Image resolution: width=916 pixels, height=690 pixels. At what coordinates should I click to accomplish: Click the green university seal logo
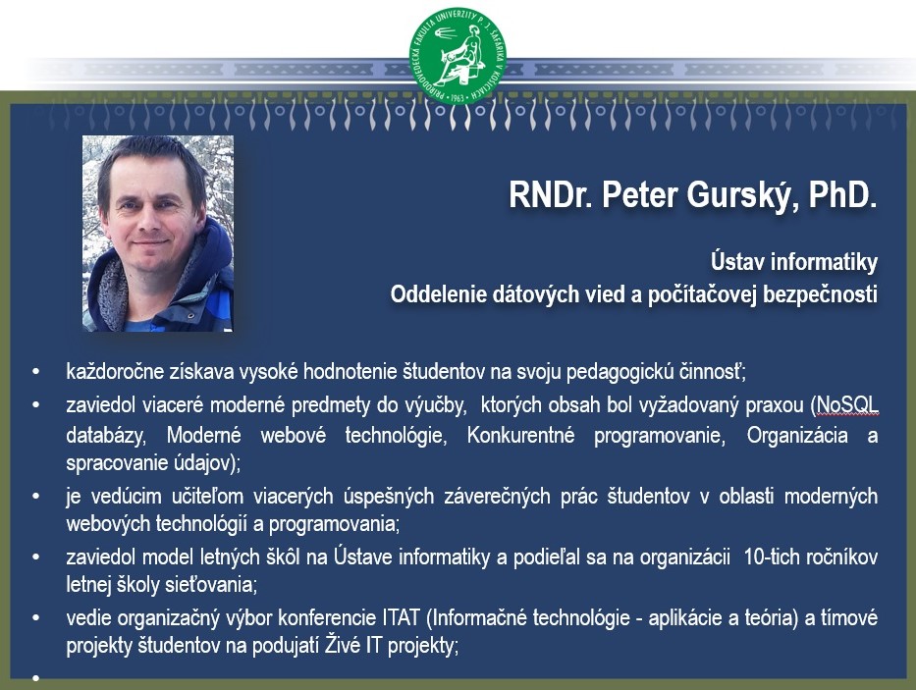pyautogui.click(x=458, y=56)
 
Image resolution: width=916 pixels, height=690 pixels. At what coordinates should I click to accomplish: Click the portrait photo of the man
pyautogui.click(x=158, y=234)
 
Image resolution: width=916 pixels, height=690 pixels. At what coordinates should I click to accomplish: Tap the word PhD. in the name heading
pyautogui.click(x=842, y=194)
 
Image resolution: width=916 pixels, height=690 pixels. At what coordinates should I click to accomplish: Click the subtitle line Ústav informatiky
pyautogui.click(x=794, y=261)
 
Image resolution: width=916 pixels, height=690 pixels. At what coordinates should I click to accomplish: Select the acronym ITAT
pyautogui.click(x=402, y=617)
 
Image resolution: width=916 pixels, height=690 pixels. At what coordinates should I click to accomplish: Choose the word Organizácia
pyautogui.click(x=797, y=435)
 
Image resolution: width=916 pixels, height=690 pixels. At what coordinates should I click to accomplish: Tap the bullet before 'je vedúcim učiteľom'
pyautogui.click(x=36, y=496)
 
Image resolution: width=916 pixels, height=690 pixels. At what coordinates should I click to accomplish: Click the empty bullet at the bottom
pyautogui.click(x=36, y=677)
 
